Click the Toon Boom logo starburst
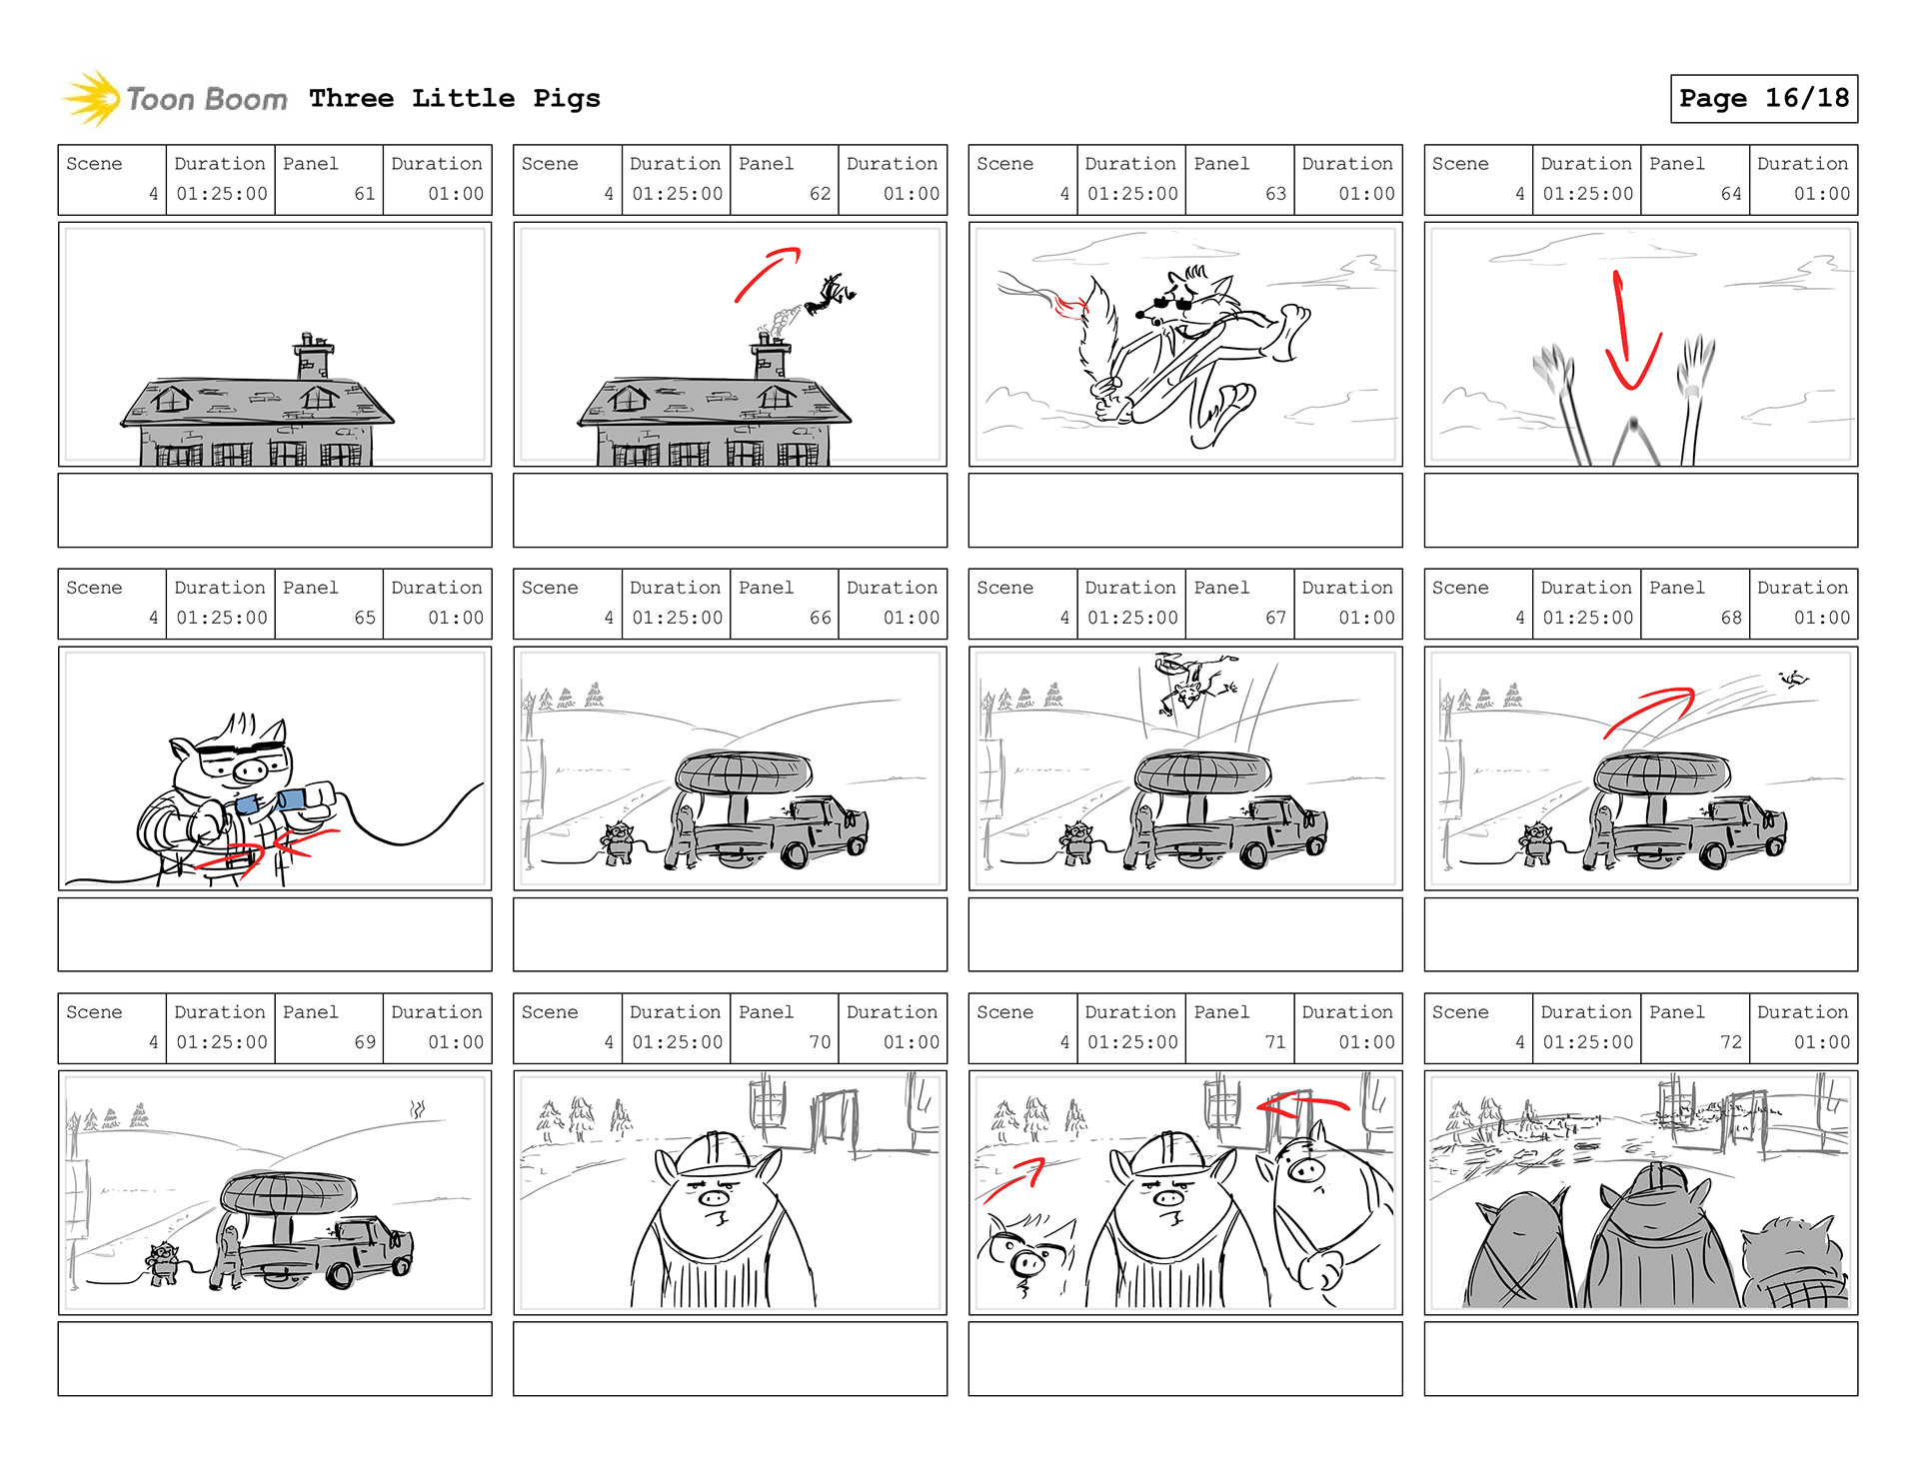(92, 99)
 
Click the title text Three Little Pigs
(455, 98)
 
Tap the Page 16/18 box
(1764, 98)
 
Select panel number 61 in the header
(365, 194)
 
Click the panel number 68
(1731, 618)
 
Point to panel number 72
(1731, 1042)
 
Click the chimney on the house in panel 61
(313, 356)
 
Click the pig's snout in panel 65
(250, 771)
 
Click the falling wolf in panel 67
(1194, 683)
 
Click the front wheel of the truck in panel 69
(340, 1274)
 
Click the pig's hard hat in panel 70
(715, 1152)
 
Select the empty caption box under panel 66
(730, 934)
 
